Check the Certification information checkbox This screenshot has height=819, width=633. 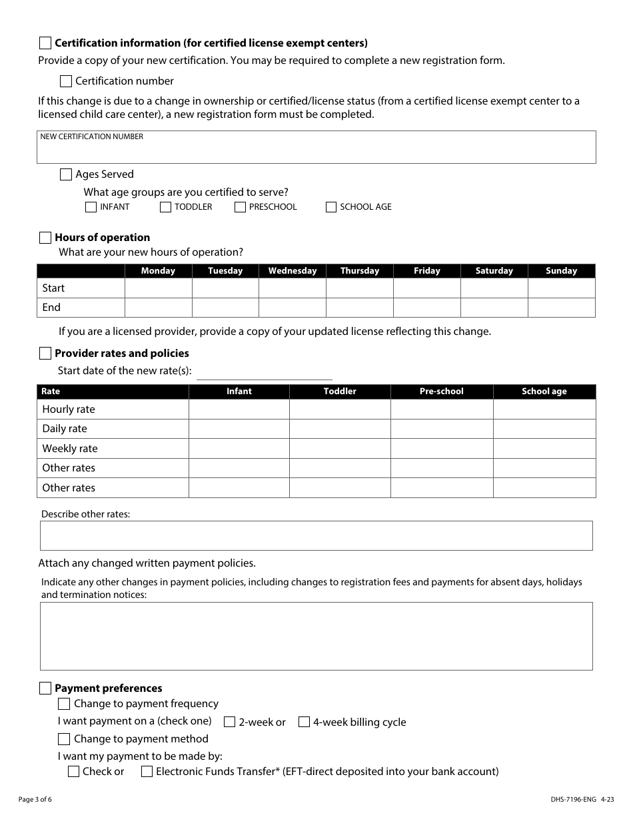(45, 43)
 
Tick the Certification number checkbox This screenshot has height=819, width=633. (66, 81)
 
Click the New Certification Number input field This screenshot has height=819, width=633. (316, 151)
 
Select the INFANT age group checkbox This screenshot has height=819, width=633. (91, 207)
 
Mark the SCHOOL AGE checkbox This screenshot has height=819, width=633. (331, 207)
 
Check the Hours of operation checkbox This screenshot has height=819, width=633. (45, 238)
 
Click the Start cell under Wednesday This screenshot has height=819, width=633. (292, 288)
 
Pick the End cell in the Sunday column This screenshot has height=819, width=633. (561, 308)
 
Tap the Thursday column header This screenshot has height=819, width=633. (359, 271)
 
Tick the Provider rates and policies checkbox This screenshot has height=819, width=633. (45, 353)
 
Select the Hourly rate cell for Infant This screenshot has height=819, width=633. (239, 409)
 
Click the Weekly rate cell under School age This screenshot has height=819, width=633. (544, 449)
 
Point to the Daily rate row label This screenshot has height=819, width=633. (65, 429)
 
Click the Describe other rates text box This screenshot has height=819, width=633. (316, 535)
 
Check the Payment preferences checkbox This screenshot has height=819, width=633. (45, 688)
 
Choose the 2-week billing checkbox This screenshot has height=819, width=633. (229, 722)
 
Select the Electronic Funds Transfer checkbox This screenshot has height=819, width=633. (147, 772)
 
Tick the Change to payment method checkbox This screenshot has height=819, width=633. (64, 739)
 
